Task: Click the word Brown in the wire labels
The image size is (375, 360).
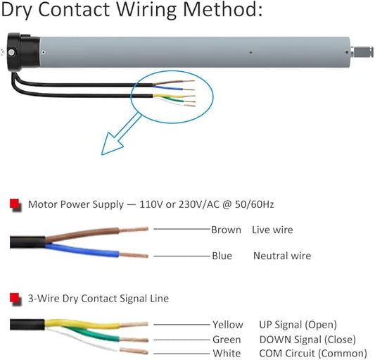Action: [x=226, y=230]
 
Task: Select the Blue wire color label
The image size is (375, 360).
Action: [x=222, y=256]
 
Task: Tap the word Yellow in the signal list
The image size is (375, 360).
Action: [x=228, y=325]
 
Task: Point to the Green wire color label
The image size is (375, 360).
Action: [x=227, y=340]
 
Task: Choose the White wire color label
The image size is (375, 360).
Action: [x=227, y=353]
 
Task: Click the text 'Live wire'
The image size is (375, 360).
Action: [x=272, y=230]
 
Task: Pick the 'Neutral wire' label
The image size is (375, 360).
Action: [x=282, y=256]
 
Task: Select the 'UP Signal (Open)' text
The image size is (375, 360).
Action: [x=298, y=325]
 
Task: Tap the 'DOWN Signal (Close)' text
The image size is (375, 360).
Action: [x=307, y=340]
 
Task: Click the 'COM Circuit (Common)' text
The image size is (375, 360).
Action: [x=313, y=353]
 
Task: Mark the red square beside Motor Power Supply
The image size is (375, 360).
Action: [x=15, y=204]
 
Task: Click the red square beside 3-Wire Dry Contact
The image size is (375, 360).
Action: [x=15, y=299]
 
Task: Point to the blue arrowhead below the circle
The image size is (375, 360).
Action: [x=112, y=144]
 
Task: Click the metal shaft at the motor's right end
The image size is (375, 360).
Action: [x=362, y=52]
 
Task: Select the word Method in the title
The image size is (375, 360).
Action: [x=222, y=10]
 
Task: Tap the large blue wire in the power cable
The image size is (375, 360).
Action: [x=82, y=250]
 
